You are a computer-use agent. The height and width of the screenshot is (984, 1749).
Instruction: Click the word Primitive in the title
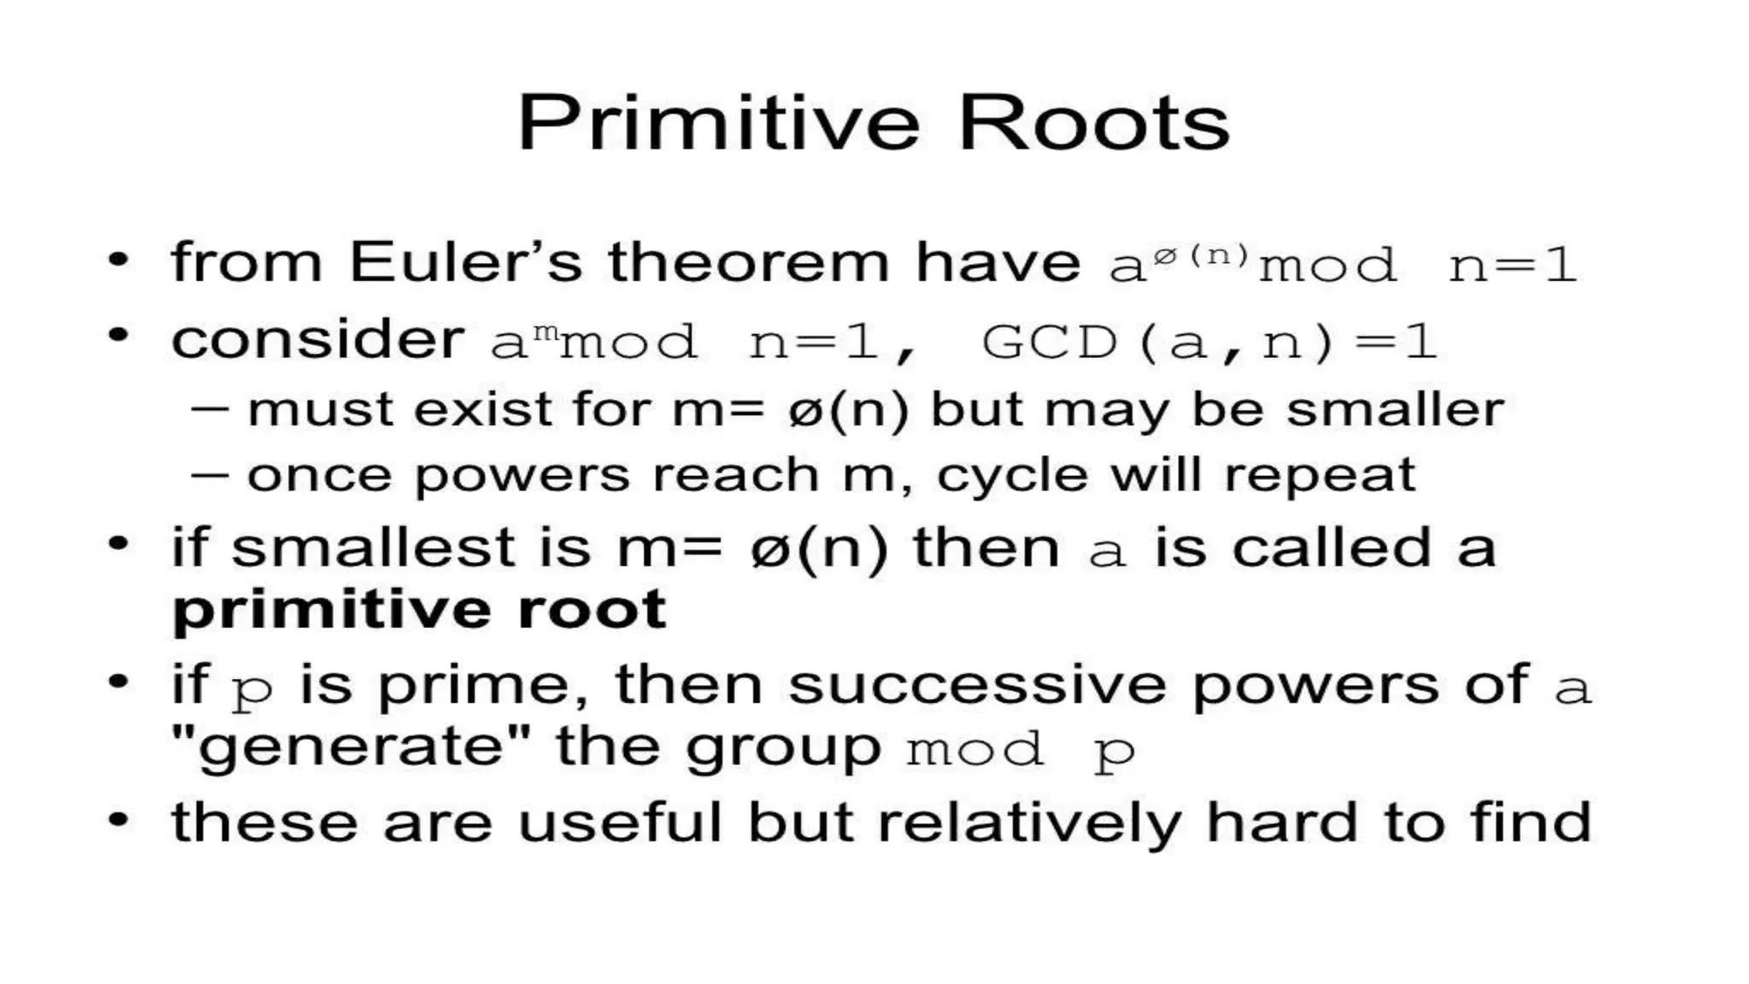click(718, 125)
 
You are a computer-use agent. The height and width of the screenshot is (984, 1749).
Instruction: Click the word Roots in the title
click(1094, 125)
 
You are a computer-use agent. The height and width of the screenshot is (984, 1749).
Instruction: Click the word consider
click(318, 339)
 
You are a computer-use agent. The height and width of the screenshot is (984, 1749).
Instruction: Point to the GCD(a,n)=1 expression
click(1209, 343)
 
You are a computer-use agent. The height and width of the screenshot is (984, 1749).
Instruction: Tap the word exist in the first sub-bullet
click(483, 409)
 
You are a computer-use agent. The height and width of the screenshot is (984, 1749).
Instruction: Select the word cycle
click(1012, 476)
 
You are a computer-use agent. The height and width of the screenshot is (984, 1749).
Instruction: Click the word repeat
click(1319, 476)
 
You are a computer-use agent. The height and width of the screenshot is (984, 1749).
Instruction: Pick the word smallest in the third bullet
click(373, 548)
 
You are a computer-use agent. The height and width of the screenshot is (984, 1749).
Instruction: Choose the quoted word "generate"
click(350, 747)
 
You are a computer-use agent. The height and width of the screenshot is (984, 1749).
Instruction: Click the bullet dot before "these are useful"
click(118, 820)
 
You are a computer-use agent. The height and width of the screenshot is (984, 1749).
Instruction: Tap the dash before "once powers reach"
click(209, 475)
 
